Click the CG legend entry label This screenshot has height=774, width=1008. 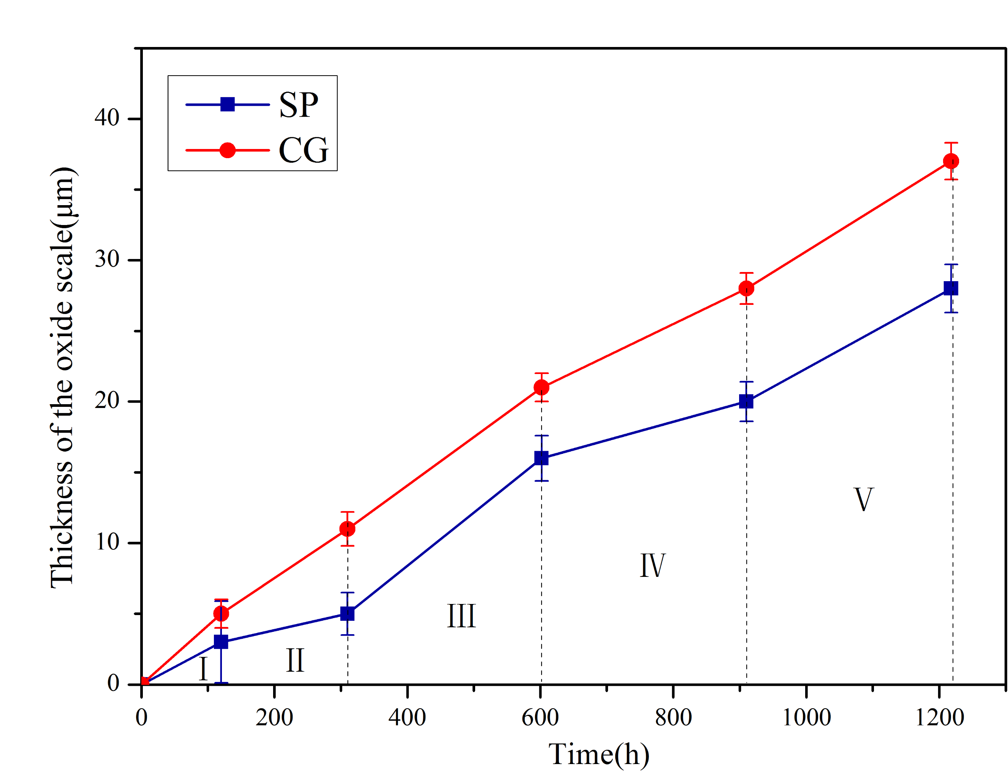(x=303, y=151)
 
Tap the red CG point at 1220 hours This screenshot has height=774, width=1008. (x=951, y=161)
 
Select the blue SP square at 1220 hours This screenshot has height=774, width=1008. (x=951, y=288)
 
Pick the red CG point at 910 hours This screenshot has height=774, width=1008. (x=746, y=288)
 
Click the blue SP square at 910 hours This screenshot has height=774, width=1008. (x=746, y=401)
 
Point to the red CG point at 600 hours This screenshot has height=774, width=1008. (x=541, y=387)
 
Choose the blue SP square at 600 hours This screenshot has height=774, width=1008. (x=541, y=458)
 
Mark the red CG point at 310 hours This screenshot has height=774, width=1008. (x=347, y=529)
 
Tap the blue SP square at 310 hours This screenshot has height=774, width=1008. (x=347, y=614)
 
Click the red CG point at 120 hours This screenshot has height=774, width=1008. (x=221, y=614)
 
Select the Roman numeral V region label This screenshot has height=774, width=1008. (x=863, y=500)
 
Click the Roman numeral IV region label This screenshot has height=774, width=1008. (x=652, y=566)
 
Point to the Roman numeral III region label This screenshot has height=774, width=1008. (x=461, y=617)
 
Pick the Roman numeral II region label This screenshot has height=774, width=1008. (x=295, y=661)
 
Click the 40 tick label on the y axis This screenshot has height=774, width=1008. (x=107, y=118)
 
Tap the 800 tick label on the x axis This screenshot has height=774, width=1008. (x=673, y=718)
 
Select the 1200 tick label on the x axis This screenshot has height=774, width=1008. (x=939, y=718)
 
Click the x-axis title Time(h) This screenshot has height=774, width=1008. (x=599, y=755)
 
